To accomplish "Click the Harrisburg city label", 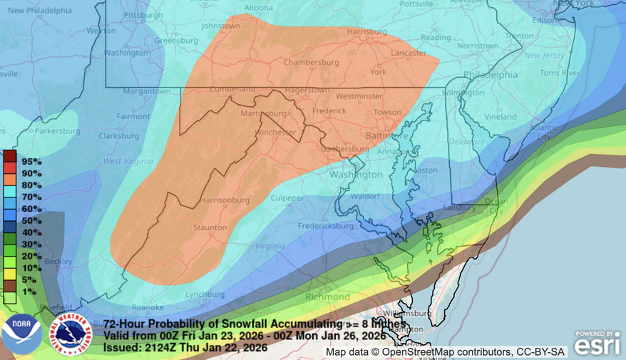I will [x=366, y=32].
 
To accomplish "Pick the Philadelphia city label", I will [x=489, y=74].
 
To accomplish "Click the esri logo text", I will [x=597, y=346].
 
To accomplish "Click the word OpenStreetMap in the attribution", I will [x=420, y=352].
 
